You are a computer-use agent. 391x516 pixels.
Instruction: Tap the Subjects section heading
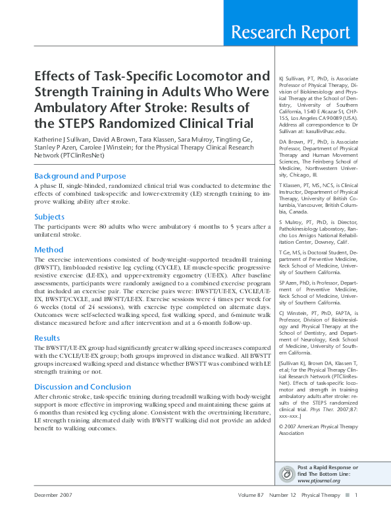coord(49,217)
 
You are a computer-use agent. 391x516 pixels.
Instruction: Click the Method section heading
coord(48,250)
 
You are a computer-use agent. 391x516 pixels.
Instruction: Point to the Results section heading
coord(47,337)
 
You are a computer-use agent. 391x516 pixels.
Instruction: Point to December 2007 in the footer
coord(54,496)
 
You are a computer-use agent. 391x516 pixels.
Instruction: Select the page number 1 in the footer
coord(355,496)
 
